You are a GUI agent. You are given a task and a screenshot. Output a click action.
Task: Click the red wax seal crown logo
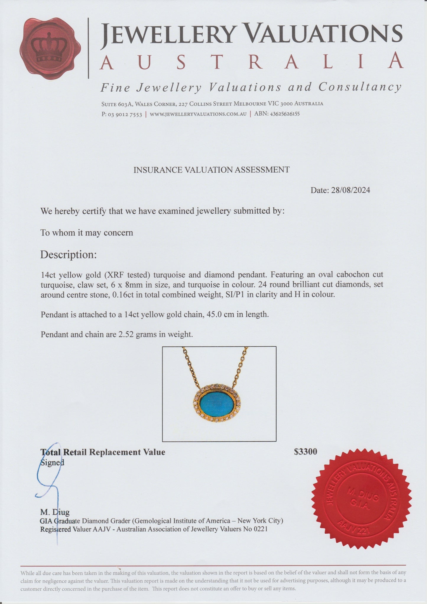[x=50, y=49]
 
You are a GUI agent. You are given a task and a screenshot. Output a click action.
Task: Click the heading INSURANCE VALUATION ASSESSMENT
[x=211, y=170]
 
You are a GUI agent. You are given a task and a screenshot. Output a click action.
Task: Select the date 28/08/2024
[x=350, y=190]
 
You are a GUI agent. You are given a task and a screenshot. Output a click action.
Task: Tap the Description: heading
[x=69, y=255]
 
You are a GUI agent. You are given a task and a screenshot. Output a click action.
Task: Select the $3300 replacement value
[x=306, y=452]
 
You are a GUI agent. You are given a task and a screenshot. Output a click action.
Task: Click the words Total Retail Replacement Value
[x=103, y=452]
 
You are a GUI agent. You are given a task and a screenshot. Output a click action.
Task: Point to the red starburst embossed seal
[x=361, y=499]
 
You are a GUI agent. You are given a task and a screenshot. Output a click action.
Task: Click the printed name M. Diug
[x=55, y=512]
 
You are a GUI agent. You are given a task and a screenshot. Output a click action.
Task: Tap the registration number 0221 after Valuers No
[x=261, y=529]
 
